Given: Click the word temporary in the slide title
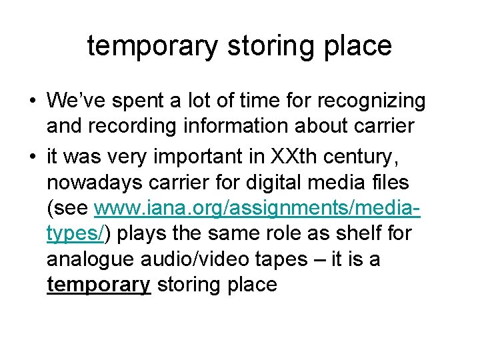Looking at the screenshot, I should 151,47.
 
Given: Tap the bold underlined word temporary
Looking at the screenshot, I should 98,285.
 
